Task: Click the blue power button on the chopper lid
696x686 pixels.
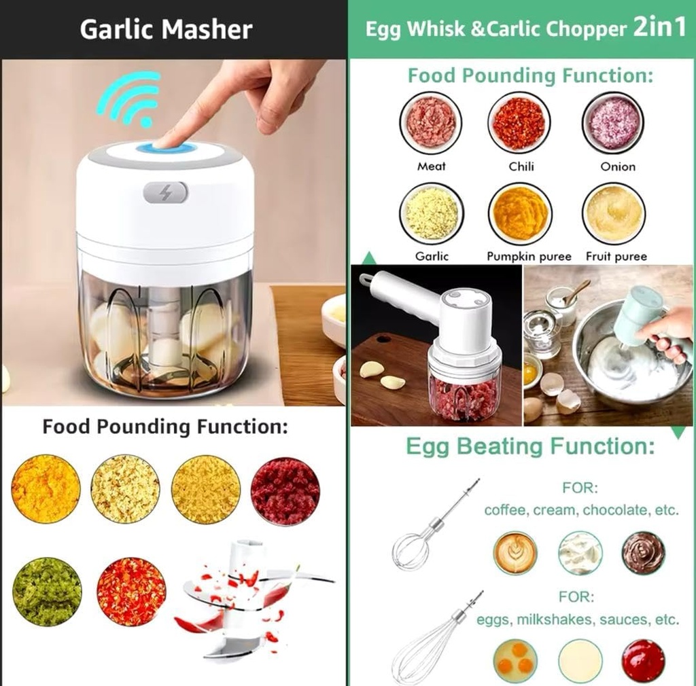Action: pos(166,147)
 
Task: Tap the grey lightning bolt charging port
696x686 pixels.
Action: pos(165,193)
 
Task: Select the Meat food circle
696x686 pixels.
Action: pos(430,123)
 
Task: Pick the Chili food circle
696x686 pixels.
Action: pos(519,123)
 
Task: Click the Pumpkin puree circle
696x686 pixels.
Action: pos(520,213)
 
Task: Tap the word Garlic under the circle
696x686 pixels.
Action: pos(432,256)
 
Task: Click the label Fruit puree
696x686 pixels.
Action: pos(616,256)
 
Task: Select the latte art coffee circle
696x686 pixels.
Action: pos(515,552)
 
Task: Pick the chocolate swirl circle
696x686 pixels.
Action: pos(642,552)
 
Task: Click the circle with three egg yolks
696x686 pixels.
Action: pos(515,661)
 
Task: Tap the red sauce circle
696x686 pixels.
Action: pos(642,661)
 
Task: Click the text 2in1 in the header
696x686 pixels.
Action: pos(659,29)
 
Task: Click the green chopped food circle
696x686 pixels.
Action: pos(46,592)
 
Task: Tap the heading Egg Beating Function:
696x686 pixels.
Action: pos(530,446)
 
